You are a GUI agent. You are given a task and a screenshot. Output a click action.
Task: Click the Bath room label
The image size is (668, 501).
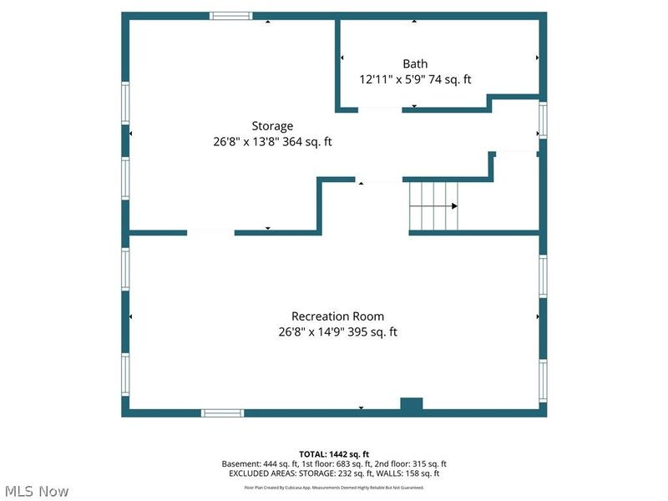415,64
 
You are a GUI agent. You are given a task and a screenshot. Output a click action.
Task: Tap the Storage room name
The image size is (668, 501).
272,126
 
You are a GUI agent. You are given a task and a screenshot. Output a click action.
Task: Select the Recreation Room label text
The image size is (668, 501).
337,316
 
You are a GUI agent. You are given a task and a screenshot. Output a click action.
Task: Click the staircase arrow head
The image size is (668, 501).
454,206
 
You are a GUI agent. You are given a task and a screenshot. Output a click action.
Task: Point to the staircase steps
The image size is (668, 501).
433,206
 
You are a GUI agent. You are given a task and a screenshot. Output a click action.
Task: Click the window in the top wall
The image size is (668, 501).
231,16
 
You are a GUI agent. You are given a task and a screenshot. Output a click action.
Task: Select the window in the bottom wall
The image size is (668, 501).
222,412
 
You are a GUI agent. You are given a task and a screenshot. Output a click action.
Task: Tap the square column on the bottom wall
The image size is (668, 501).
412,404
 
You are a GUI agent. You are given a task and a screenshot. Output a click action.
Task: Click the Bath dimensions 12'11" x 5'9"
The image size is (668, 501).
392,79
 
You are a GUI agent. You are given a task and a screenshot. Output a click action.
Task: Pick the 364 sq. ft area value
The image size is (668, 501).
307,142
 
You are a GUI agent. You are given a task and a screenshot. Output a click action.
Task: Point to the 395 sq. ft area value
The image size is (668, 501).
372,331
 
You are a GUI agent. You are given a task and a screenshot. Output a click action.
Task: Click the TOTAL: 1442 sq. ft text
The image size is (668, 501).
334,454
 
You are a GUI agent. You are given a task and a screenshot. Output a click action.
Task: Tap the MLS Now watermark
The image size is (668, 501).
37,491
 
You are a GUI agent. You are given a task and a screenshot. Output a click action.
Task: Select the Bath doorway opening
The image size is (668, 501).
380,110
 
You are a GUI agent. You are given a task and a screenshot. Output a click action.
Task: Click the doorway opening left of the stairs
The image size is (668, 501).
379,180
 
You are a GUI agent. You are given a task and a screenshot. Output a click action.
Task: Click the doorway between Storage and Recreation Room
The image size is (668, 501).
210,233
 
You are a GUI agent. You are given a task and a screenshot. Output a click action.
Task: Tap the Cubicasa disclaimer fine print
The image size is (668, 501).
334,488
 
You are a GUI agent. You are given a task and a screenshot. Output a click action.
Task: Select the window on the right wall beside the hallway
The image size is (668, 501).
543,120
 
